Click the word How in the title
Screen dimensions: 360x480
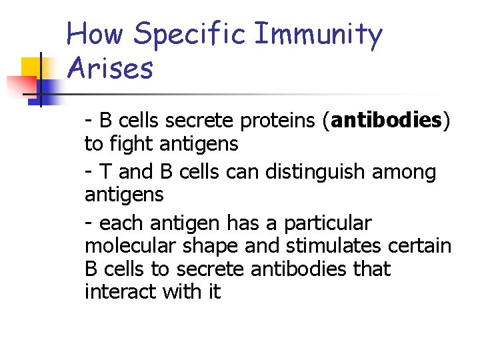tap(96, 35)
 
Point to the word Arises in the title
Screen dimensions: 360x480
tap(110, 69)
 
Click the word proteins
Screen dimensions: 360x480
tap(284, 121)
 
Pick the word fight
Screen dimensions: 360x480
tap(135, 143)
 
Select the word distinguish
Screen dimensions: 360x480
tap(317, 173)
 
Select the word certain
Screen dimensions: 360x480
tap(421, 246)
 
